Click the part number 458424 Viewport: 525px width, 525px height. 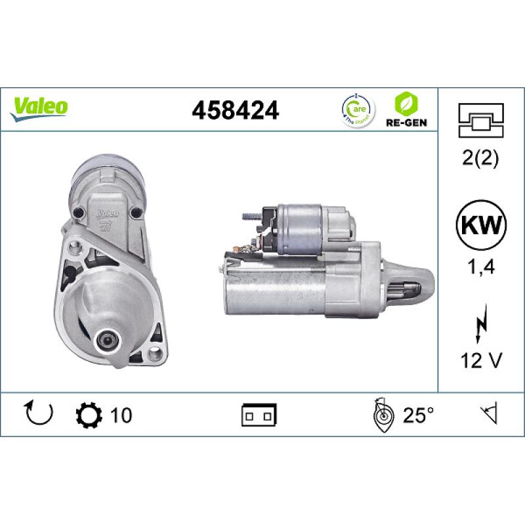tap(235, 110)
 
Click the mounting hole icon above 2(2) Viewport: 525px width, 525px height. tap(481, 119)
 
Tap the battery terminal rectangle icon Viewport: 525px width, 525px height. tap(259, 415)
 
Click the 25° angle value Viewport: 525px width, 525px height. tap(419, 415)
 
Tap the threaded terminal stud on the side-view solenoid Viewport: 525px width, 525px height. tap(249, 214)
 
